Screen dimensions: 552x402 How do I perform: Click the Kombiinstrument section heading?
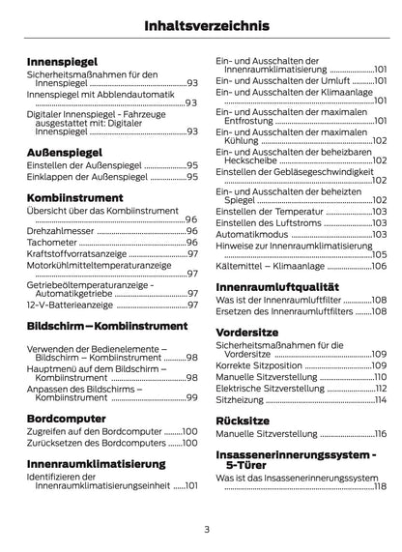(x=83, y=196)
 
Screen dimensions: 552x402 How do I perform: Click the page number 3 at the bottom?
(x=206, y=530)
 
